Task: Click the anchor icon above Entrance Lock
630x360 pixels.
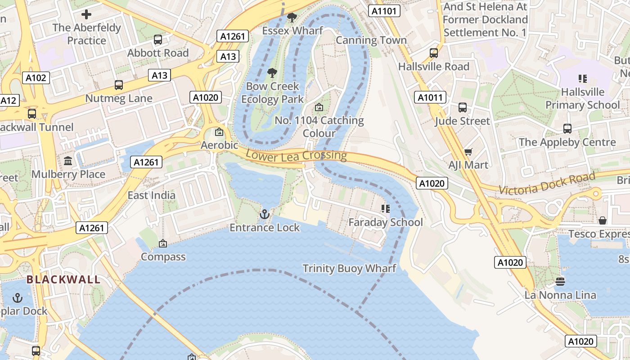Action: tap(265, 214)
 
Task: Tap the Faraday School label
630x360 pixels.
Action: tap(386, 222)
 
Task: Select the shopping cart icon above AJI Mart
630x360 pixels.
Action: tap(468, 152)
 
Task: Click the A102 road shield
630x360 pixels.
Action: tap(36, 78)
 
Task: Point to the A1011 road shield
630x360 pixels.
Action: tap(430, 97)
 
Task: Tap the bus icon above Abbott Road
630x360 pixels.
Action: tap(158, 40)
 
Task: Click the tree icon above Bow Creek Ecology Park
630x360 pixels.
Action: tap(272, 72)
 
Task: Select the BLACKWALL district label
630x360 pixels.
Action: tap(63, 279)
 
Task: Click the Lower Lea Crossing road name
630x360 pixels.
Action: tap(297, 155)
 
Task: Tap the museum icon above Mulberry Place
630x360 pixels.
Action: tap(68, 161)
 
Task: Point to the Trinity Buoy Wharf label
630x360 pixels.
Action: tap(349, 269)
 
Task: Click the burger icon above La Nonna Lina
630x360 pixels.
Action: tap(560, 282)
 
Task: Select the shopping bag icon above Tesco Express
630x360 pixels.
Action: tap(603, 220)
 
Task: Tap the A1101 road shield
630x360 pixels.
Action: tap(384, 11)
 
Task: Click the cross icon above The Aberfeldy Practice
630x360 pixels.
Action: tap(86, 14)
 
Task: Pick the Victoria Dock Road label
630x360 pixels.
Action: tap(547, 184)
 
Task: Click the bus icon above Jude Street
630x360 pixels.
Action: tap(463, 108)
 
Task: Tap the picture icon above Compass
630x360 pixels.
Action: tap(163, 243)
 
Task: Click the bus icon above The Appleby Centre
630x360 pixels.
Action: tap(567, 129)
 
